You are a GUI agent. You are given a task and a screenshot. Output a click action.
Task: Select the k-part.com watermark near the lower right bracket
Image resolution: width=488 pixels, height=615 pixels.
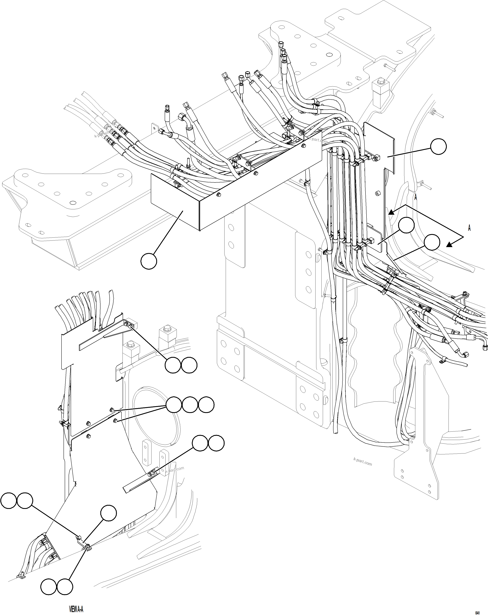[362, 461]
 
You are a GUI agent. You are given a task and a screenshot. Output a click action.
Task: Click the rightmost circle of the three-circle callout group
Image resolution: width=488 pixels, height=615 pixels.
[206, 405]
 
